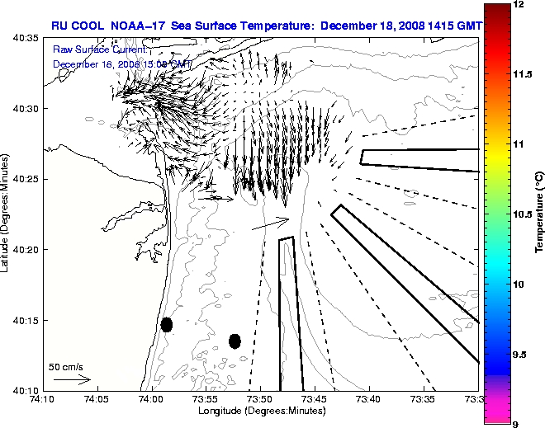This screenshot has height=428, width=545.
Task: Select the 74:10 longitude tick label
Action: click(x=42, y=400)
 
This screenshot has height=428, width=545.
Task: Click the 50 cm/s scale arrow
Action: click(x=72, y=379)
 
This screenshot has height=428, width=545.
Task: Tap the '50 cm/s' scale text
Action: click(x=66, y=366)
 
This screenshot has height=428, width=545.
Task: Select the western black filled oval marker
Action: click(x=167, y=324)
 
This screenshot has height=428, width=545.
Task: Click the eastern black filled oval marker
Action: click(x=235, y=341)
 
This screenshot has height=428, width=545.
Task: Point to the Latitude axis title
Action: click(x=7, y=214)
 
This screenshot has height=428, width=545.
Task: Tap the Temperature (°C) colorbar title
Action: click(x=538, y=214)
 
